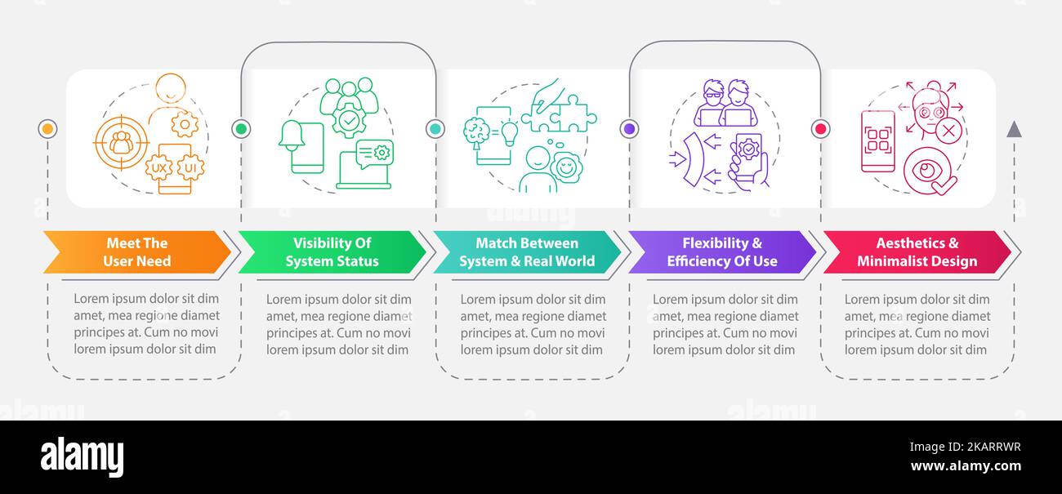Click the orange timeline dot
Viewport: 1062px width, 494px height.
[x=47, y=129]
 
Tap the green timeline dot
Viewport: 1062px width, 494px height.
[x=241, y=129]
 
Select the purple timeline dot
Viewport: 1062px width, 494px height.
[x=630, y=129]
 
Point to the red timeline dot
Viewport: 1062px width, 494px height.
[x=821, y=129]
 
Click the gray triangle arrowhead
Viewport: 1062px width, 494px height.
[x=1014, y=130]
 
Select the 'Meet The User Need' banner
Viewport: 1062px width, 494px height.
[x=137, y=252]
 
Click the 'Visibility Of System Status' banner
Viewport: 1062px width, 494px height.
[x=332, y=252]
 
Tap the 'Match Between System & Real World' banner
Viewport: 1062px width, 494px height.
[x=527, y=252]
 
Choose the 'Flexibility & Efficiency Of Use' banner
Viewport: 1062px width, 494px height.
[x=722, y=252]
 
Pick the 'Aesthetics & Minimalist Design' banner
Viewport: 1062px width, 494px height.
[x=917, y=252]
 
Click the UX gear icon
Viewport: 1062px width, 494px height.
[x=158, y=168]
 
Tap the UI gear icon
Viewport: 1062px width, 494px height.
[x=190, y=168]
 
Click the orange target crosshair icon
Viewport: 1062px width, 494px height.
[x=122, y=142]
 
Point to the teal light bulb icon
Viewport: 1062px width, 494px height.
[x=510, y=134]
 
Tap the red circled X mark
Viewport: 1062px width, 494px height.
[x=948, y=131]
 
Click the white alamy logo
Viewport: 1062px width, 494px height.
[x=82, y=456]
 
